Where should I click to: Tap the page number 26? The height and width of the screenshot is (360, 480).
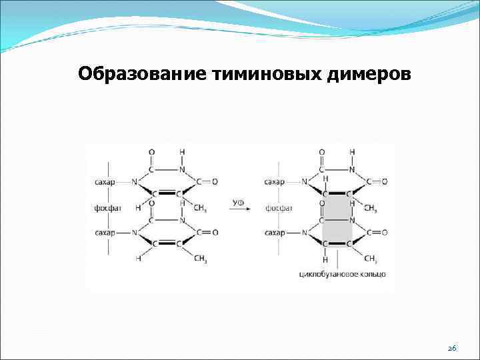click(451, 349)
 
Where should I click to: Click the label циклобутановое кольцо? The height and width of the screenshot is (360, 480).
click(343, 274)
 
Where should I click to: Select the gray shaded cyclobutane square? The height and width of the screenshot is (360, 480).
click(337, 220)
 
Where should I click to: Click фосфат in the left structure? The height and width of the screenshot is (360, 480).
click(108, 207)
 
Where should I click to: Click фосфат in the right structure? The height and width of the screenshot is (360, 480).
click(279, 207)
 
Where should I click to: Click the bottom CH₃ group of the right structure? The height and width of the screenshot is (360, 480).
click(371, 259)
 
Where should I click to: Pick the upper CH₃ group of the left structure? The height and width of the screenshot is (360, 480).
click(200, 208)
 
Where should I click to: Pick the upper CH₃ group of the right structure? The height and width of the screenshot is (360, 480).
click(371, 208)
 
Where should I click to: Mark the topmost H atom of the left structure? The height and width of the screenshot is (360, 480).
click(182, 152)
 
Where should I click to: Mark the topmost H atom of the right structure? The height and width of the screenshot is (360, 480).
click(352, 152)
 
